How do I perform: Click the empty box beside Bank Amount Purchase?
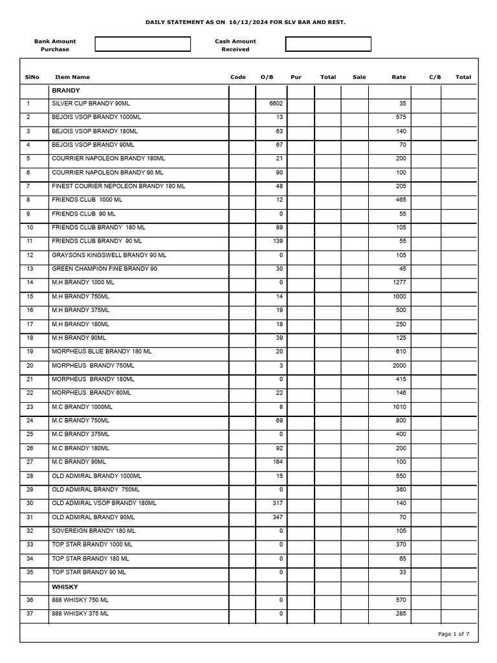point(143,44)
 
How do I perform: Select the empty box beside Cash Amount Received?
point(328,44)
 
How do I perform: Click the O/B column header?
point(267,77)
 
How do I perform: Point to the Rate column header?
point(399,77)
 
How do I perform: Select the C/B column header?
point(435,77)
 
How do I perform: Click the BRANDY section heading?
point(65,91)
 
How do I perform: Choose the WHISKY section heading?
point(65,587)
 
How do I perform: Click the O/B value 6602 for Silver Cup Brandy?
point(276,104)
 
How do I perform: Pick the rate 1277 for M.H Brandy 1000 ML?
point(399,282)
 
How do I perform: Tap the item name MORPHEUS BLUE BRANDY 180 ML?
point(102,352)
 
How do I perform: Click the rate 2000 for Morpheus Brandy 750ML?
point(399,366)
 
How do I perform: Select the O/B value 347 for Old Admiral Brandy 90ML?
point(278,517)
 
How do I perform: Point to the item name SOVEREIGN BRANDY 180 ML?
point(93,531)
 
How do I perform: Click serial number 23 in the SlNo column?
point(30,407)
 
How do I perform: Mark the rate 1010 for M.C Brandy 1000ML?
point(399,407)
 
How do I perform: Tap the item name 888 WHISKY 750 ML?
point(80,600)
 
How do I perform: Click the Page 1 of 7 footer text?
point(454,634)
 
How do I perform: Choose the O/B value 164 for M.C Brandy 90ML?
point(278,462)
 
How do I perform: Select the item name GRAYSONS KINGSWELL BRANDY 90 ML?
point(109,255)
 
